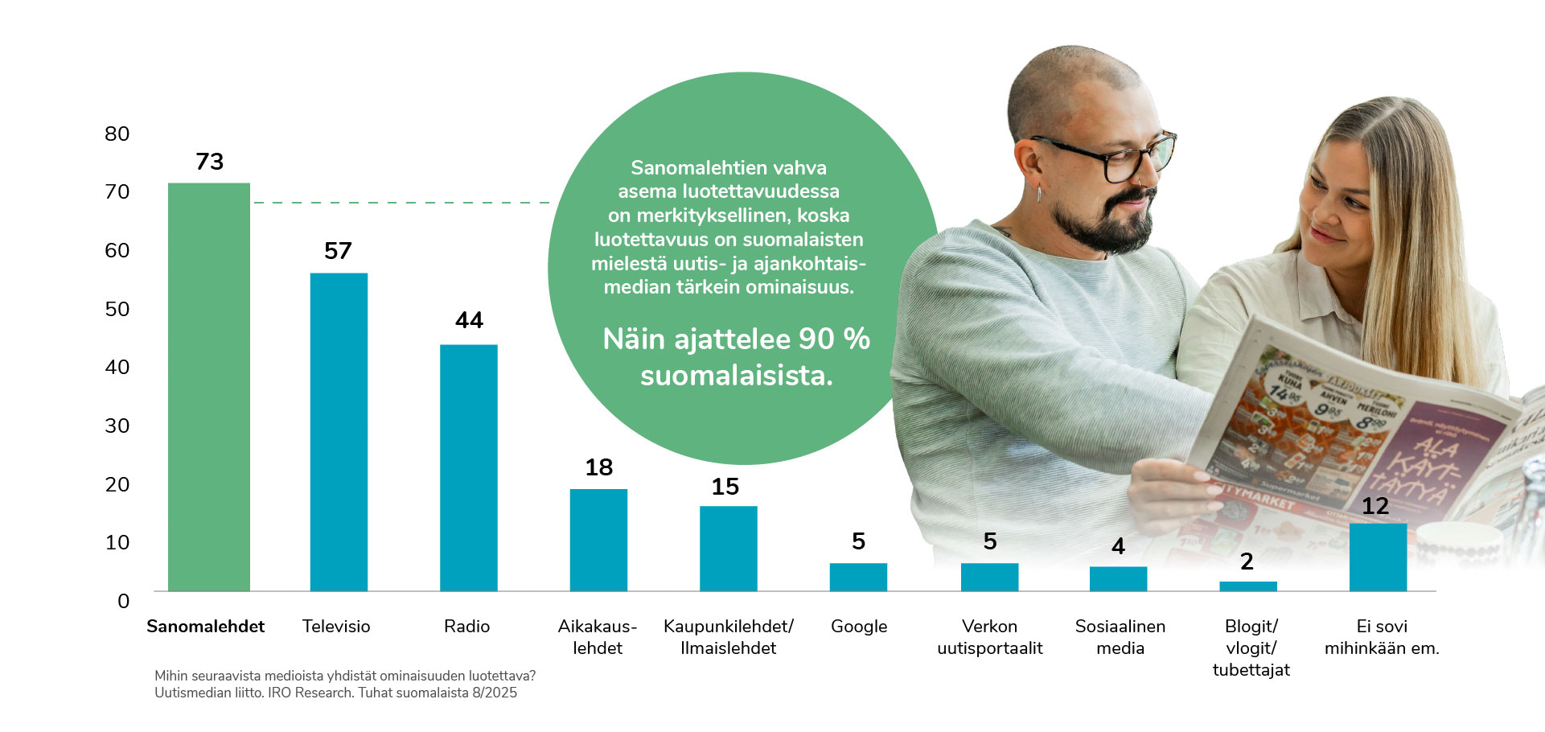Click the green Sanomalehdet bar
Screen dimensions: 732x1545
pos(208,386)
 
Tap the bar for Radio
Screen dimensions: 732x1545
pos(468,467)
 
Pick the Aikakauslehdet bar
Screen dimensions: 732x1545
pos(598,540)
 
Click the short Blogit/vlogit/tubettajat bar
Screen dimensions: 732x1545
pos(1247,586)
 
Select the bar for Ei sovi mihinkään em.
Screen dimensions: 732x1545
pos(1378,557)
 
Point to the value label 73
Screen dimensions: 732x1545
pos(210,162)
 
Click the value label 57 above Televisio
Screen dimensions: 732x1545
pos(338,251)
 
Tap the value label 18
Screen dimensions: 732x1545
pos(598,467)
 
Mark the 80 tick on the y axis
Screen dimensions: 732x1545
pos(117,134)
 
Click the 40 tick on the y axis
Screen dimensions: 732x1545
pos(117,368)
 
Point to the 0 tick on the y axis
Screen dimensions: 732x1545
pos(123,601)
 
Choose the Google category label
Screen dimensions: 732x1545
pos(859,627)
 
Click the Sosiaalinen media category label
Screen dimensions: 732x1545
pos(1120,637)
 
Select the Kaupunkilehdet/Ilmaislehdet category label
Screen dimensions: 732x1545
pos(728,637)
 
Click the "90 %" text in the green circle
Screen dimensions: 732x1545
pos(835,339)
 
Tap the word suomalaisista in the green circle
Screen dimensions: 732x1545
pos(736,376)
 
